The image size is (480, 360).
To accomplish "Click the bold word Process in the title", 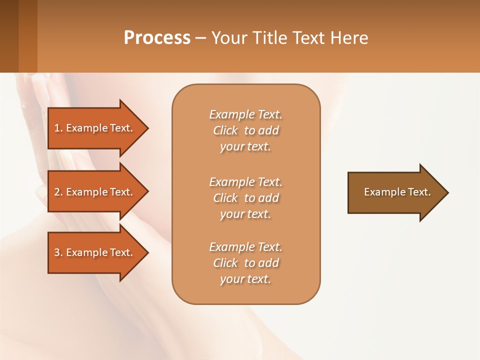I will point(157,38).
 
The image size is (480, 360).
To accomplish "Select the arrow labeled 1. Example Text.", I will point(95,128).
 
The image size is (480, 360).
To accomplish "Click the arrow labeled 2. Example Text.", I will point(95,192).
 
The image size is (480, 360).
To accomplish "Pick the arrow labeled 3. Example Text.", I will point(95,252).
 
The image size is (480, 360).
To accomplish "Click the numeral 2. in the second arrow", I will point(58,192).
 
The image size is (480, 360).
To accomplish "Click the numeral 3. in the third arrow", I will point(58,252).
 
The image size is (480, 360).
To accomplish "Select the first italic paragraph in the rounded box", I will point(245,130).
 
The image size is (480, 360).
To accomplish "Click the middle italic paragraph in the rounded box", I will point(245,198).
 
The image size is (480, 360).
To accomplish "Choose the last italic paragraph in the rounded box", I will point(245,263).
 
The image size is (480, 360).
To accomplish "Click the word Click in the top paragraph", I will point(225,130).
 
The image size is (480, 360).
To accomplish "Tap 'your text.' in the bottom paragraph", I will point(245,279).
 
